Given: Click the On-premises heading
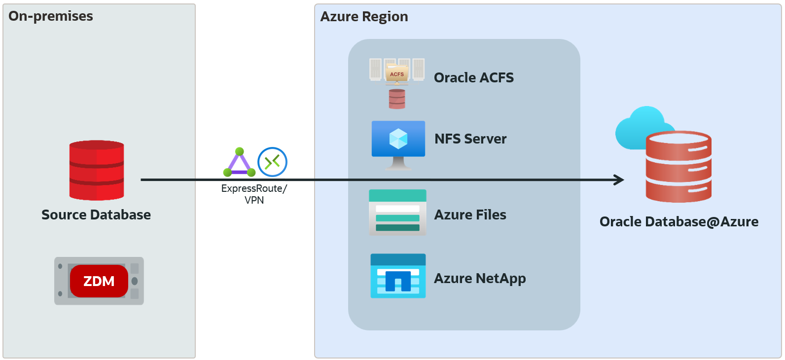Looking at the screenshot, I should tap(51, 16).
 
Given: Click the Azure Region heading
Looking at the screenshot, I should tap(364, 17).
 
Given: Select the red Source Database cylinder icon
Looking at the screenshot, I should tap(97, 170).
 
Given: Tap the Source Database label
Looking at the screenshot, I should tap(96, 215).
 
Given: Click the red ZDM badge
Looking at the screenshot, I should tap(99, 281).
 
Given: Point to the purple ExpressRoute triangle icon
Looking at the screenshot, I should tap(239, 163).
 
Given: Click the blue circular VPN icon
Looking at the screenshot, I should tap(272, 162).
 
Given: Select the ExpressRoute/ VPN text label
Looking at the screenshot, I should tap(254, 194).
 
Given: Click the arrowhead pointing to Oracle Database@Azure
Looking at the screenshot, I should tap(619, 180).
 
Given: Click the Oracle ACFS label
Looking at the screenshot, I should tap(473, 78).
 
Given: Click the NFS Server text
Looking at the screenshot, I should tap(470, 139).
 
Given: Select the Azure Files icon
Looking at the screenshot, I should tap(397, 213).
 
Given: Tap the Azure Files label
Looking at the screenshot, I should tap(470, 215).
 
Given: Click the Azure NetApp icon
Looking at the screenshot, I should tap(398, 276).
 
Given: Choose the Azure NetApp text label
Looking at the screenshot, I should tap(479, 279).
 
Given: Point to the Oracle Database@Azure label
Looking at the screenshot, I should tap(678, 222).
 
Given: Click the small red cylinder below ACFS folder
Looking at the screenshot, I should tap(397, 99).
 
